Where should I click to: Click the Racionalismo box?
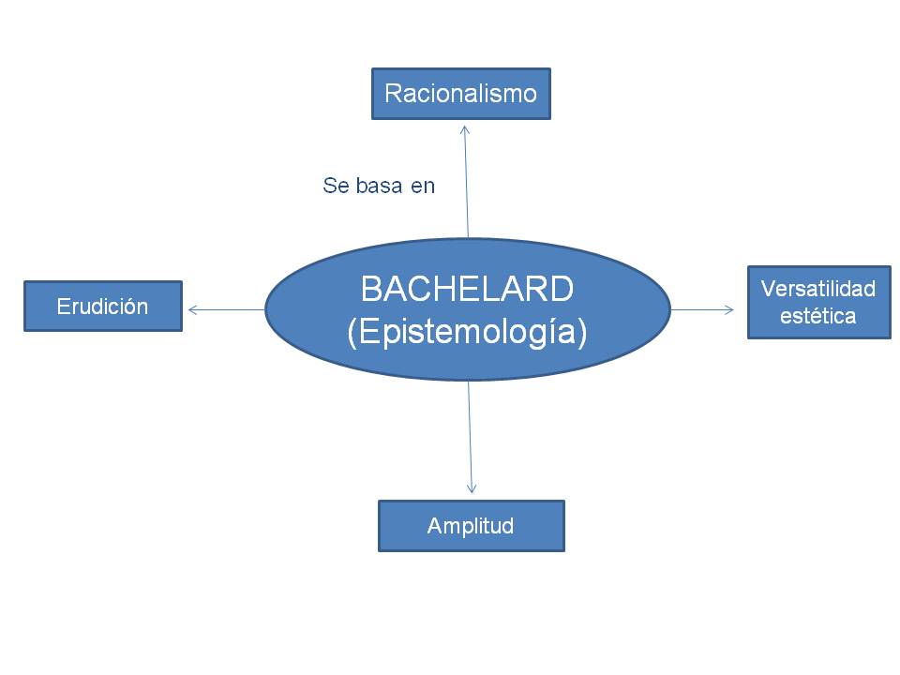460,94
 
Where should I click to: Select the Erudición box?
102,306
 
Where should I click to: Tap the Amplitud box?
471,525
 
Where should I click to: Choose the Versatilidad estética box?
818,302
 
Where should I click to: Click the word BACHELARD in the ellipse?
467,290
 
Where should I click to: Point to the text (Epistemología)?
467,333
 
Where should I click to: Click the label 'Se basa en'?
379,186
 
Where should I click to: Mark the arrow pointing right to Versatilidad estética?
702,309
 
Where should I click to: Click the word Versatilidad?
818,289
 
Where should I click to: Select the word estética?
818,316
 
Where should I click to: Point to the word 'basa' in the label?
376,186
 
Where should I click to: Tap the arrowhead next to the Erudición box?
191,309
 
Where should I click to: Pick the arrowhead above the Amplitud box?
472,489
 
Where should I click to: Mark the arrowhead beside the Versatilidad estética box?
730,309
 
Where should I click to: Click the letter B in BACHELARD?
369,290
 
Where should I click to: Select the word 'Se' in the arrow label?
335,186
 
